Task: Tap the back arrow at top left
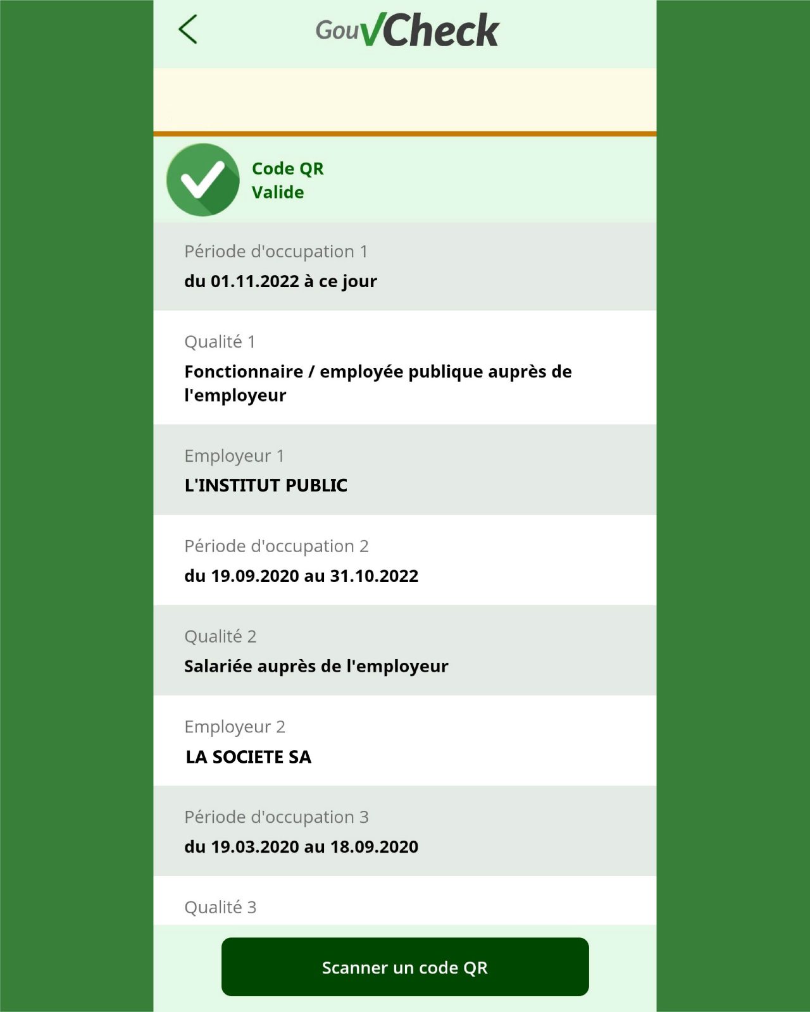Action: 188,30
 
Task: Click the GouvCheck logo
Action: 408,30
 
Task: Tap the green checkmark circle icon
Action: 202,180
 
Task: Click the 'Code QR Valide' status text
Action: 287,180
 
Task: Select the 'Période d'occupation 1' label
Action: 276,252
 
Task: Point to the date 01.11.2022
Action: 254,281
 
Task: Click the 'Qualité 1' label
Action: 220,342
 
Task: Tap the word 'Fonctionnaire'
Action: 244,372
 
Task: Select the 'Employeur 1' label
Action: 234,456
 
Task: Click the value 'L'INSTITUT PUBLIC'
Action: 266,486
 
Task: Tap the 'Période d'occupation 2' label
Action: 277,546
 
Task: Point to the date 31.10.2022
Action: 374,576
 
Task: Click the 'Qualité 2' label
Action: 220,637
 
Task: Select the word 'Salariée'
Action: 217,667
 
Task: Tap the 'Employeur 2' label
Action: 235,727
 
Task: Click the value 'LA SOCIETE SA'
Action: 249,757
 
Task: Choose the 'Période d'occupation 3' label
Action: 277,817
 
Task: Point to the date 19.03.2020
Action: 254,847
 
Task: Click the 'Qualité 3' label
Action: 220,908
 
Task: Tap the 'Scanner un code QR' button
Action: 405,967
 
